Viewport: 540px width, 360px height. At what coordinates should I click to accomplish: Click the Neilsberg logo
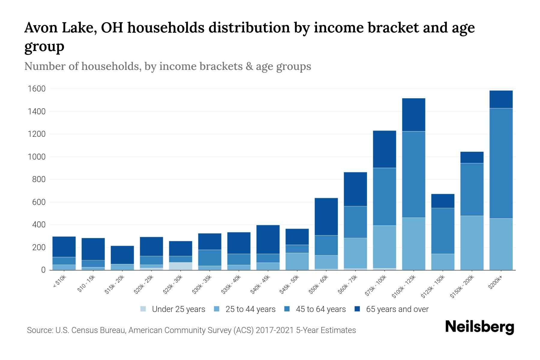pyautogui.click(x=479, y=327)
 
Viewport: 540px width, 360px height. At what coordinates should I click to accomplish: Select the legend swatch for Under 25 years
pyautogui.click(x=143, y=309)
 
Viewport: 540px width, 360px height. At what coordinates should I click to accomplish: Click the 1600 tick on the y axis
pyautogui.click(x=37, y=89)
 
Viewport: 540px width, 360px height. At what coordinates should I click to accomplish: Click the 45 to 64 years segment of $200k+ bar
pyautogui.click(x=501, y=163)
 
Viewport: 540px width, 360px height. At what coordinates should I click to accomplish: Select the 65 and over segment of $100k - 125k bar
pyautogui.click(x=414, y=115)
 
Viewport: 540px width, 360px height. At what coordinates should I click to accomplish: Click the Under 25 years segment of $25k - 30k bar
pyautogui.click(x=181, y=266)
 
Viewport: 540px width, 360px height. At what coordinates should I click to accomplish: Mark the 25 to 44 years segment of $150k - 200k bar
pyautogui.click(x=472, y=243)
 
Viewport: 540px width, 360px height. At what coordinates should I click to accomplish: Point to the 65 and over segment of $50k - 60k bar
pyautogui.click(x=326, y=217)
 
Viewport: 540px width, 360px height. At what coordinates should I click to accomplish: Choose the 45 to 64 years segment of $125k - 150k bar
pyautogui.click(x=443, y=231)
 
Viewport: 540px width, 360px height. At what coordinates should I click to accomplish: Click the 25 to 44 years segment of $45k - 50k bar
pyautogui.click(x=297, y=261)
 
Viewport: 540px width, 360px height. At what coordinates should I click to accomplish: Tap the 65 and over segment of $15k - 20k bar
pyautogui.click(x=122, y=255)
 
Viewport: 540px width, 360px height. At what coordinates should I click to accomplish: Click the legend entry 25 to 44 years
pyautogui.click(x=250, y=309)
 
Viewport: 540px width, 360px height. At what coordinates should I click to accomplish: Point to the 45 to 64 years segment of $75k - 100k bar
pyautogui.click(x=384, y=197)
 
